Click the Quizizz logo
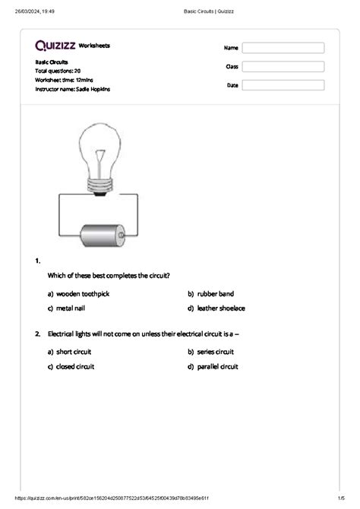tap(55, 46)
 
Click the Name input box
tap(283, 48)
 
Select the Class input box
tap(283, 67)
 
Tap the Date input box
tap(283, 86)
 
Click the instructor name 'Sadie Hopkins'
tap(93, 89)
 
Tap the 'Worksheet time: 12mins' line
tap(68, 80)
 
